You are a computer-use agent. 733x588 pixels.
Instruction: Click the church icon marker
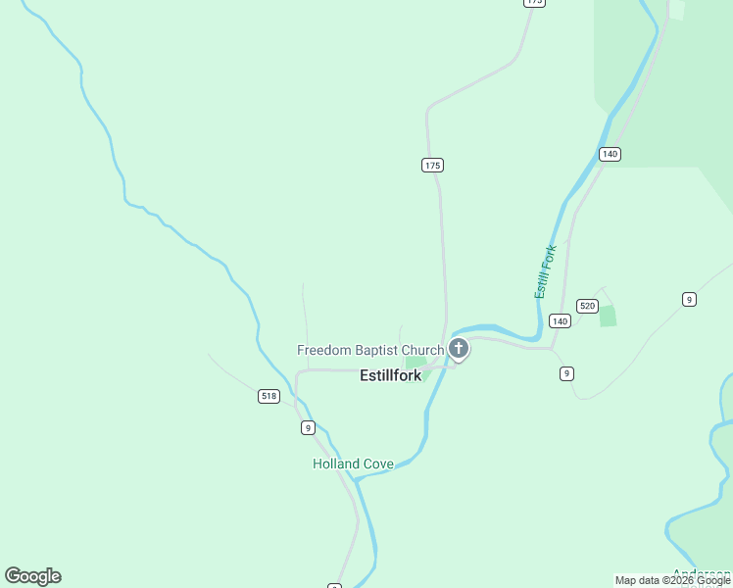tap(458, 349)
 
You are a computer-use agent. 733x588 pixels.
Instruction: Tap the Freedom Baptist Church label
tap(370, 350)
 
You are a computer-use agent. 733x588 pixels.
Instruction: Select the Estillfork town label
tap(390, 375)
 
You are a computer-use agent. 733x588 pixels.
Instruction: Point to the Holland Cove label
tap(353, 464)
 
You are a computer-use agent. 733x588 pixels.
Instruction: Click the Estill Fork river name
tap(545, 272)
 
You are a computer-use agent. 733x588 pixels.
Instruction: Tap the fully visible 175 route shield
tap(433, 165)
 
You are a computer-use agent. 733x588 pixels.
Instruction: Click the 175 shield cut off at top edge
tap(533, 3)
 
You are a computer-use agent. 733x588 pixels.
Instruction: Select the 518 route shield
tap(269, 396)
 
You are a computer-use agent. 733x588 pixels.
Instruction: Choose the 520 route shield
tap(587, 306)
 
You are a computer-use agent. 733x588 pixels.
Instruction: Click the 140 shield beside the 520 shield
tap(560, 321)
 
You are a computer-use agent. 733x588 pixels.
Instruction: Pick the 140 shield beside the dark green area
tap(610, 154)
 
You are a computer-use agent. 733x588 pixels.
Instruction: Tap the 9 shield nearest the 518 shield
tap(308, 427)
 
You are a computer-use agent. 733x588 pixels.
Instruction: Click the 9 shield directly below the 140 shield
tap(566, 373)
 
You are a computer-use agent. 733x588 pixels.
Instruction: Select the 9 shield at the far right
tap(689, 299)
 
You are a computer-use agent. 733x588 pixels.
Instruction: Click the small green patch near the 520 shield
tap(608, 316)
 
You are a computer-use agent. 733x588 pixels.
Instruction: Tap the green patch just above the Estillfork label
tap(415, 363)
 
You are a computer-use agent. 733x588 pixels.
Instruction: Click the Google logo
tap(32, 576)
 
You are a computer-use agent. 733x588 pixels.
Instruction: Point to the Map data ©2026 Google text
tap(672, 581)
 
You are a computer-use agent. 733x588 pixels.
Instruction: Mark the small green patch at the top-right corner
tap(676, 10)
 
